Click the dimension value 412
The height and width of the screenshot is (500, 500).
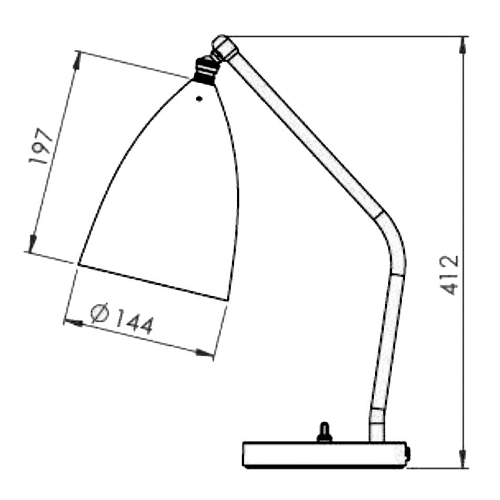449,275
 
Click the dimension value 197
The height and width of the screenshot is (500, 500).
41,146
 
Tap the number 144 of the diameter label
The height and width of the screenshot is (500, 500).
135,323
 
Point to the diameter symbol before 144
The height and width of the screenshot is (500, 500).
99,314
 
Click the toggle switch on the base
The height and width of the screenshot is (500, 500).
325,432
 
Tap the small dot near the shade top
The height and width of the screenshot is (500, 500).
199,98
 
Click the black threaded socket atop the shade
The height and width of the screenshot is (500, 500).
206,70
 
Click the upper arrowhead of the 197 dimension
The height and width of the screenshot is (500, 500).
76,61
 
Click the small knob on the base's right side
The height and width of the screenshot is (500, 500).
408,452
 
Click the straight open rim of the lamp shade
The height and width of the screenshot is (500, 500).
153,282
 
